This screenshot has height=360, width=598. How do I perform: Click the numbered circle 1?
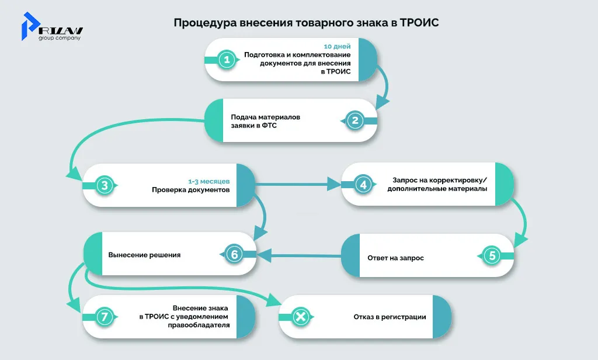[x=225, y=59]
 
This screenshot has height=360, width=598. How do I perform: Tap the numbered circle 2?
[x=355, y=121]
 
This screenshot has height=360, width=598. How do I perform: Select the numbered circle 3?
[x=104, y=186]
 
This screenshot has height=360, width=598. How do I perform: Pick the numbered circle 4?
[x=363, y=185]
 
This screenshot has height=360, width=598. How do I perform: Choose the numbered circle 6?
[x=234, y=254]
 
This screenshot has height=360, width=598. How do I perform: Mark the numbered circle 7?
[x=104, y=317]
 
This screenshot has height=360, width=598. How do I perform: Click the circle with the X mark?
[x=300, y=317]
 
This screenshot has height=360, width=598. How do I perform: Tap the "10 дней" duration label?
[x=338, y=46]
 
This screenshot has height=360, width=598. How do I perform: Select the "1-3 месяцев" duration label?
[x=213, y=181]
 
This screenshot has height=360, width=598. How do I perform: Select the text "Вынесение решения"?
[x=144, y=255]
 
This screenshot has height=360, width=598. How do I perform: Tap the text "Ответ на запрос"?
[x=395, y=258]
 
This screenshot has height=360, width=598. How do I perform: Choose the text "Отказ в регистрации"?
[x=390, y=317]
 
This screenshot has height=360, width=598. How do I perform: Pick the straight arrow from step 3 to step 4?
[x=298, y=185]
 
